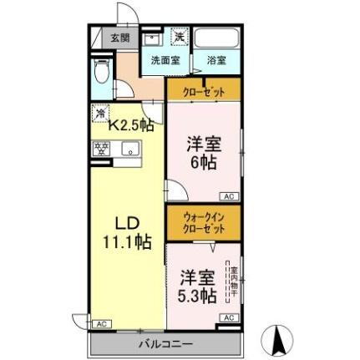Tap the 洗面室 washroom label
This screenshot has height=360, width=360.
(165, 60)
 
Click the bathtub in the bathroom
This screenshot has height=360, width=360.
(216, 38)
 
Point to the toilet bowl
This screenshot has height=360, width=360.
(101, 72)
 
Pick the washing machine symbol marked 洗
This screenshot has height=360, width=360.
(179, 37)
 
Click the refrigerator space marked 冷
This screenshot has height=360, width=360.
(100, 113)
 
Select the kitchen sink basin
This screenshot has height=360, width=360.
(129, 150)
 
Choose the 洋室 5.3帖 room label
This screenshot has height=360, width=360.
(200, 285)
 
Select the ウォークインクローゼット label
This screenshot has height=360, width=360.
(203, 222)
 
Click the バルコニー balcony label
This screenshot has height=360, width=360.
(165, 343)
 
